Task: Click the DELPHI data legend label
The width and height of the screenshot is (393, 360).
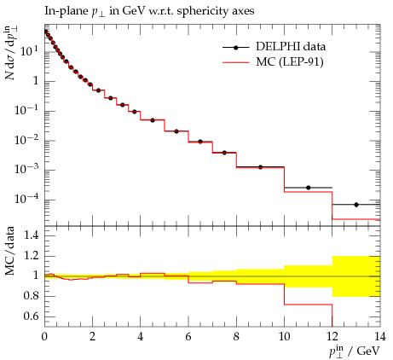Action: point(291,47)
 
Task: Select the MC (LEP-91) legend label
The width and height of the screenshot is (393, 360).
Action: point(290,61)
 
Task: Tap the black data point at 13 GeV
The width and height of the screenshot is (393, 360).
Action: point(356,205)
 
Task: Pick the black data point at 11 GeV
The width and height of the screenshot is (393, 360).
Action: point(309,188)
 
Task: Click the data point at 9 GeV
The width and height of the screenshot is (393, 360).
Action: point(260,167)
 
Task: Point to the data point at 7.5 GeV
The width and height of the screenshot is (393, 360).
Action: point(224,153)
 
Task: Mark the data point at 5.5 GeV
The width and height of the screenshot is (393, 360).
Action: point(176,131)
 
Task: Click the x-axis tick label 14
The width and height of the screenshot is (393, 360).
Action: point(379,337)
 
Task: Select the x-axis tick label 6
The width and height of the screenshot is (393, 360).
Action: point(188,337)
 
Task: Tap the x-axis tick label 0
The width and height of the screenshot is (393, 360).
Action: point(44,337)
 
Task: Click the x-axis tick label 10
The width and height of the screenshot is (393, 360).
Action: point(284,337)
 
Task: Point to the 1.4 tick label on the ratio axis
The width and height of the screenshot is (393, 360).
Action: point(32,235)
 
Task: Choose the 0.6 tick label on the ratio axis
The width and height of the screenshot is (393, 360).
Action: point(31,316)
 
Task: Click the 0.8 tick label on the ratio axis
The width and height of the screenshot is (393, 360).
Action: point(31,296)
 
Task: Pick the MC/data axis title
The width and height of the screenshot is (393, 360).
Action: point(10,251)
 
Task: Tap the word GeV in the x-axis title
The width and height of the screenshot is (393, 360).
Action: point(368,351)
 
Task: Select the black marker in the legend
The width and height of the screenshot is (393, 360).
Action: point(235,48)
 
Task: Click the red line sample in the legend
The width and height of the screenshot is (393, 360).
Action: point(235,62)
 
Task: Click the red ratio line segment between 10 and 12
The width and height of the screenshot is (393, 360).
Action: point(309,305)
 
